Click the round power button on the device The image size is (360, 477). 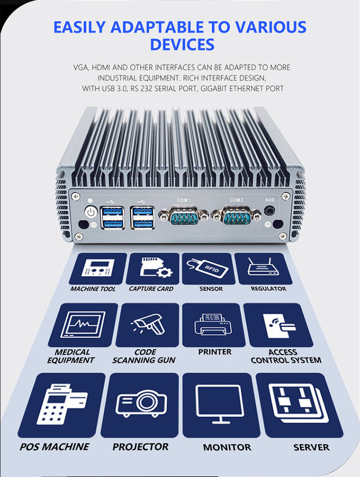tap(90, 212)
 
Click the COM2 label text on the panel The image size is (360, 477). tap(237, 200)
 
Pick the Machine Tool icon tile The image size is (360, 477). tap(97, 268)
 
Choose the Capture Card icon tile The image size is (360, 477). tap(153, 268)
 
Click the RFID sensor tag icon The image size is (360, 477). tap(208, 268)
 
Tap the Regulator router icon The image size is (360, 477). tap(263, 267)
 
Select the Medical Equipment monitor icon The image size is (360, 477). tap(83, 324)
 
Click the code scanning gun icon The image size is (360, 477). tap(148, 324)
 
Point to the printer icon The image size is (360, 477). tap(213, 324)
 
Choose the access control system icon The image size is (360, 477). tap(279, 325)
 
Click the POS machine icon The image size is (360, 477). tap(62, 404)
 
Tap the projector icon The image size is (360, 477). tap(141, 403)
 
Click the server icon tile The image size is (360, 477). tap(300, 405)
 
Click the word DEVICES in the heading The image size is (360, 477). tap(182, 44)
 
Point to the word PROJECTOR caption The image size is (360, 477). tap(140, 447)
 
